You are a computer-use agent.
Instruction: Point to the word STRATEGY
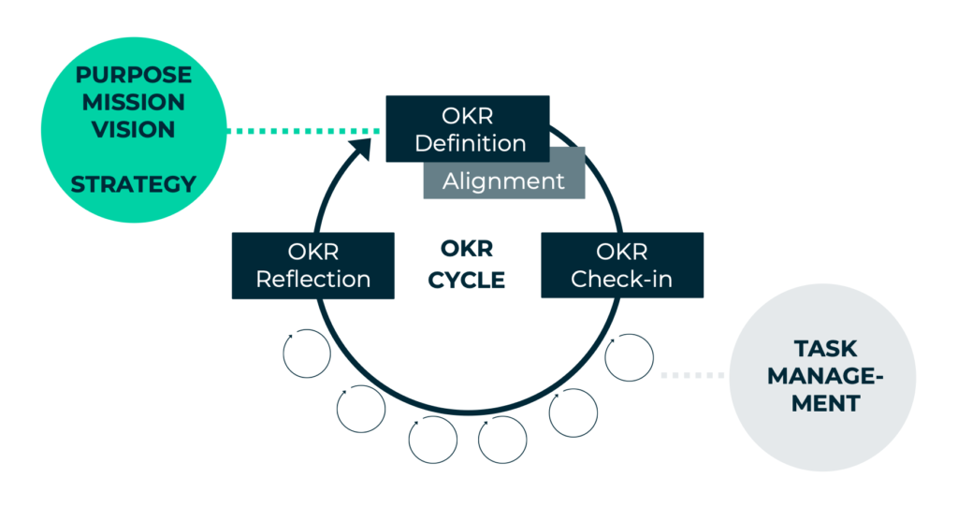point(134,184)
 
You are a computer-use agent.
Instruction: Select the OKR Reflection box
point(312,266)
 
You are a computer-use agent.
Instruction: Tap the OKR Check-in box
point(621,266)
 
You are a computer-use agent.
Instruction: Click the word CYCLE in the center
point(467,280)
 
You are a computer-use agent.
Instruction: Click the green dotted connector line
point(304,131)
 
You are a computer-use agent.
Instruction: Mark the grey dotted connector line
point(693,375)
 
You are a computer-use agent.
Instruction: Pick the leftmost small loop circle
point(306,354)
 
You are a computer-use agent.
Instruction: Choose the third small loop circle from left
point(432,440)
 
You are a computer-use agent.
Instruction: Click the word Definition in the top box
point(470,143)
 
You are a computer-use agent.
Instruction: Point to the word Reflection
point(312,279)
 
